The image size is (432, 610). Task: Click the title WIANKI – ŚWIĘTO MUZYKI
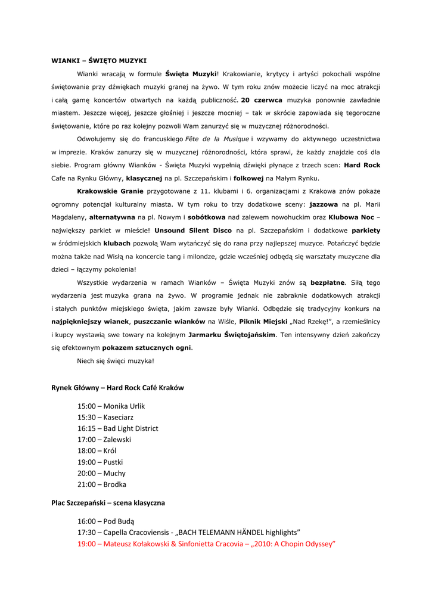point(99,61)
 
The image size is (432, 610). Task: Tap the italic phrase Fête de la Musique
point(217,139)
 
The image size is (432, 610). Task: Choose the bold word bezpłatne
point(328,282)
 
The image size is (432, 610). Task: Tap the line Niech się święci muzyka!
point(116,361)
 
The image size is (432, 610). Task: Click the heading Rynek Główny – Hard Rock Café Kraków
point(117,388)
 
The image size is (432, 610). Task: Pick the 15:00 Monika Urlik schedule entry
point(111,406)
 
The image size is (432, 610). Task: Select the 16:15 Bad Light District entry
point(117,428)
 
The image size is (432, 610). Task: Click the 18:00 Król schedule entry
point(97,451)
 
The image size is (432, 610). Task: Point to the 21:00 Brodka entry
point(101,484)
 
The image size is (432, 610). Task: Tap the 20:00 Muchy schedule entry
point(101,473)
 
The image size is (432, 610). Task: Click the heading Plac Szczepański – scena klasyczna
point(108,503)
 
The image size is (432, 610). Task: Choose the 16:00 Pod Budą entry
point(105,521)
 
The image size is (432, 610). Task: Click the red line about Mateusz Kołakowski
point(206,543)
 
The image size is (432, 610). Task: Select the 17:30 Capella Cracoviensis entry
point(188,532)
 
